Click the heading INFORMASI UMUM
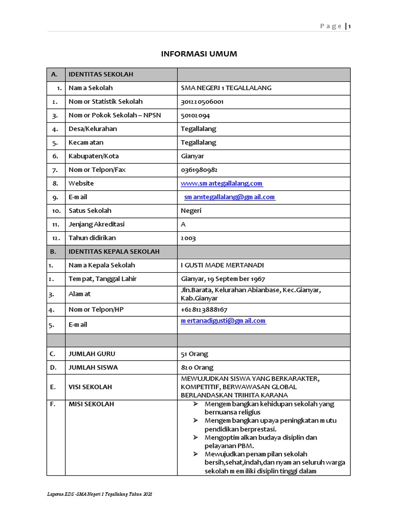pyautogui.click(x=199, y=54)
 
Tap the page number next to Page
pyautogui.click(x=350, y=27)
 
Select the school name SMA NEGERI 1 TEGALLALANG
pyautogui.click(x=226, y=88)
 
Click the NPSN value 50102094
pyautogui.click(x=195, y=115)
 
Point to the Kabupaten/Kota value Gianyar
pyautogui.click(x=193, y=156)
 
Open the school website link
pyautogui.click(x=222, y=183)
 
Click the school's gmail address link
pyautogui.click(x=230, y=197)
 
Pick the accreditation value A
pyautogui.click(x=183, y=224)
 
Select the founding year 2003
pyautogui.click(x=188, y=238)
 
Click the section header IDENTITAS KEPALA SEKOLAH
pyautogui.click(x=114, y=251)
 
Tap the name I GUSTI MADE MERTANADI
pyautogui.click(x=223, y=265)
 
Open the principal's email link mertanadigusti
pyautogui.click(x=223, y=321)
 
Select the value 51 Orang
pyautogui.click(x=194, y=354)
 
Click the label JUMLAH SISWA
pyautogui.click(x=93, y=367)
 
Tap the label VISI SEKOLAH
pyautogui.click(x=90, y=387)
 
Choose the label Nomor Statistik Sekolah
pyautogui.click(x=105, y=102)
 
